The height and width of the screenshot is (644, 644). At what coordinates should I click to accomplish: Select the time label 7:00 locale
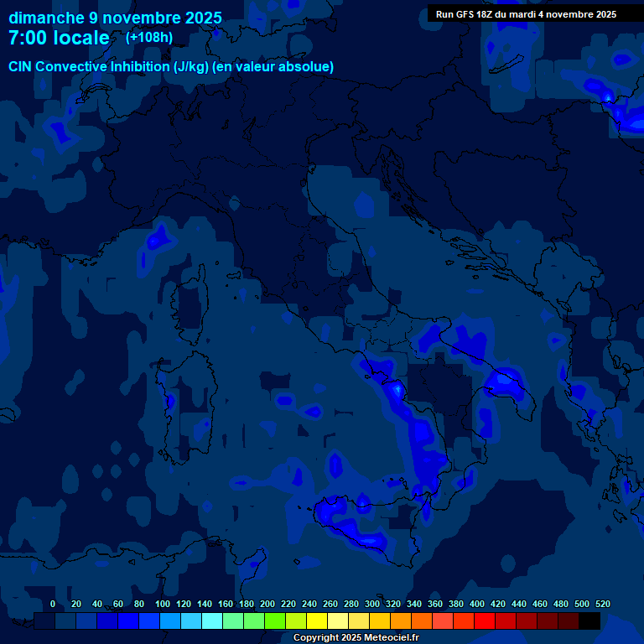(59, 38)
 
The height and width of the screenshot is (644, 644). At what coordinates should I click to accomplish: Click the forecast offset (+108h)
(149, 38)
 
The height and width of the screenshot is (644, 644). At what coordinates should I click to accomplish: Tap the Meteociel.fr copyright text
(356, 638)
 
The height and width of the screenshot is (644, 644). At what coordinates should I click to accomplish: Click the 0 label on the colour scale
(53, 604)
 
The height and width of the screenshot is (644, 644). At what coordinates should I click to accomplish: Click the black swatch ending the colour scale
(589, 621)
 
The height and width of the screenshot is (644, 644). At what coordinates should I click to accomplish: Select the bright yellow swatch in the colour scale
(316, 621)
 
